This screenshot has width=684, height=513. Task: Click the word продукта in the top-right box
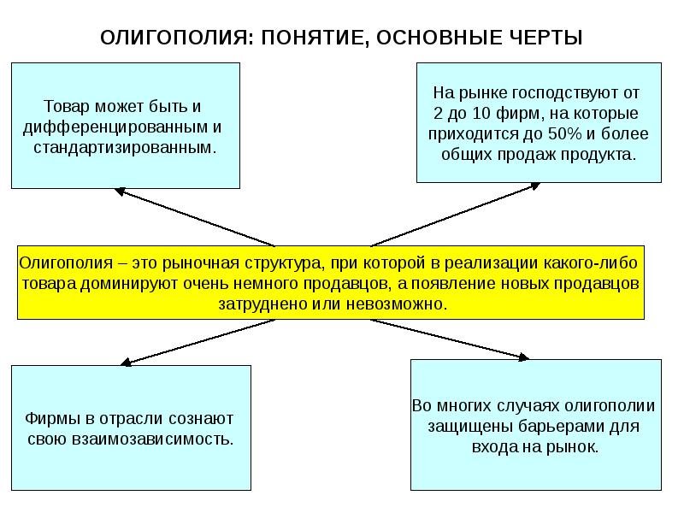604,155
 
